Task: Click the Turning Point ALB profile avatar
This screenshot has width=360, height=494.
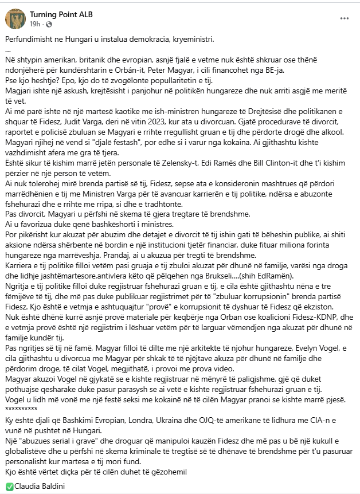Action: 15,18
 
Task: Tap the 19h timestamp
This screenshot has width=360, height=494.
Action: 36,24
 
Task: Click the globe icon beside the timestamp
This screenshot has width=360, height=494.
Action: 48,24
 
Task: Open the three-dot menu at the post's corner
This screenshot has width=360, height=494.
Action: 345,19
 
